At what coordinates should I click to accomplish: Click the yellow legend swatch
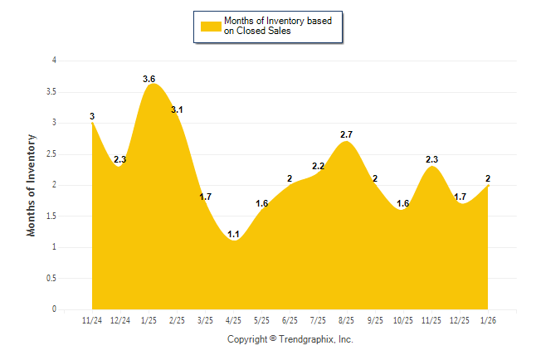[x=211, y=27]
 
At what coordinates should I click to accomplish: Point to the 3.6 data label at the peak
[x=149, y=79]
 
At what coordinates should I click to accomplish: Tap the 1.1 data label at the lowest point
[x=234, y=235]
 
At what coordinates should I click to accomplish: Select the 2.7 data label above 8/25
[x=348, y=134]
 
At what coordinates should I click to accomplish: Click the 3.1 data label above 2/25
[x=178, y=109]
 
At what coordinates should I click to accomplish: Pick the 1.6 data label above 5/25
[x=262, y=203]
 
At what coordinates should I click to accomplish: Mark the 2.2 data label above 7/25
[x=319, y=166]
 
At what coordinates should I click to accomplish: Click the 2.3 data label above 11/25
[x=431, y=159]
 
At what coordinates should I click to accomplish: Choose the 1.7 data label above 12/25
[x=460, y=197]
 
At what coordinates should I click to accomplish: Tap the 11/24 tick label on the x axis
[x=92, y=320]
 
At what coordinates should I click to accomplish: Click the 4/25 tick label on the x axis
[x=234, y=320]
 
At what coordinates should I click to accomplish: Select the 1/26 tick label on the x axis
[x=488, y=320]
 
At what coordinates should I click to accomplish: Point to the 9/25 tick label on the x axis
[x=375, y=320]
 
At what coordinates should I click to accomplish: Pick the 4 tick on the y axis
[x=54, y=61]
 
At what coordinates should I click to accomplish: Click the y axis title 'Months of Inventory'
[x=32, y=185]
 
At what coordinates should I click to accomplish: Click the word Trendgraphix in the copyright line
[x=307, y=339]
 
